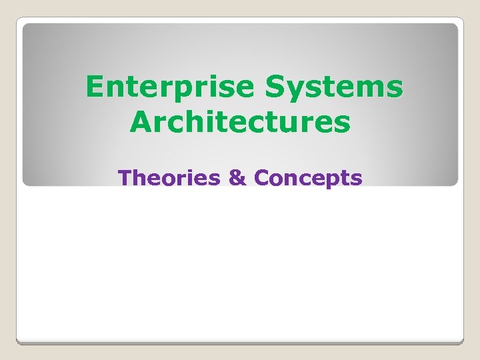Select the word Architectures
(x=241, y=122)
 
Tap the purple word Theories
(x=169, y=178)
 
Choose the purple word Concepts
(x=309, y=178)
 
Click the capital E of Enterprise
(x=94, y=87)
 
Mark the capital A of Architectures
(x=141, y=122)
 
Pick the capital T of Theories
(x=124, y=178)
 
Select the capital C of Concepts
(x=263, y=178)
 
